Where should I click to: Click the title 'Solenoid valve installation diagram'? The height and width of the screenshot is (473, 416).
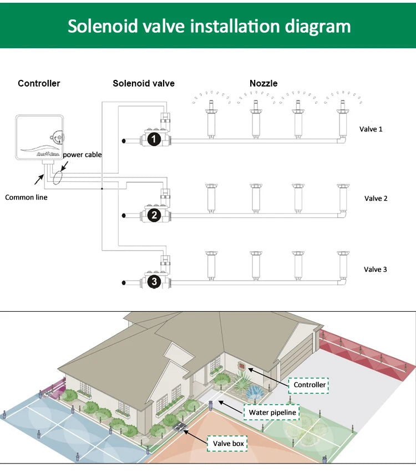coord(209,26)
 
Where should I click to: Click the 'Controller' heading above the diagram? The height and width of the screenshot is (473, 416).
coord(39,83)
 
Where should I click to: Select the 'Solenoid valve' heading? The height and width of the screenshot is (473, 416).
coord(144,83)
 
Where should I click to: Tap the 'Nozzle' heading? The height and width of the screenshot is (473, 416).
coord(263,83)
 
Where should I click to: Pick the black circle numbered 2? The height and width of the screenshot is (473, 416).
coord(155,215)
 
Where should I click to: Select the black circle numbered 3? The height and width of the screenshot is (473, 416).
coord(155,282)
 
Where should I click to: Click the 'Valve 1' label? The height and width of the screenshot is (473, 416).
coord(371,129)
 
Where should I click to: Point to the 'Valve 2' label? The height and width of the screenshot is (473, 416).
coord(376,198)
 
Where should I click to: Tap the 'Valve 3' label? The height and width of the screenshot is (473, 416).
coord(376,269)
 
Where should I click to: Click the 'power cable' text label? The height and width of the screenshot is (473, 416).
coord(82,155)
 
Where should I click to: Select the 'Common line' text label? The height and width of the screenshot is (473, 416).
coord(26,197)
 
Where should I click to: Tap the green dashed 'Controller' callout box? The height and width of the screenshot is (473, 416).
coord(310,385)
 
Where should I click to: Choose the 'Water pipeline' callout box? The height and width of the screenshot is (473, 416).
coord(272,412)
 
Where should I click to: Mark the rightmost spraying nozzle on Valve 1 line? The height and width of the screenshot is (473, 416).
coord(342,119)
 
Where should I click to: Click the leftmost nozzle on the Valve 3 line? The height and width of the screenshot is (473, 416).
coord(211,265)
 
